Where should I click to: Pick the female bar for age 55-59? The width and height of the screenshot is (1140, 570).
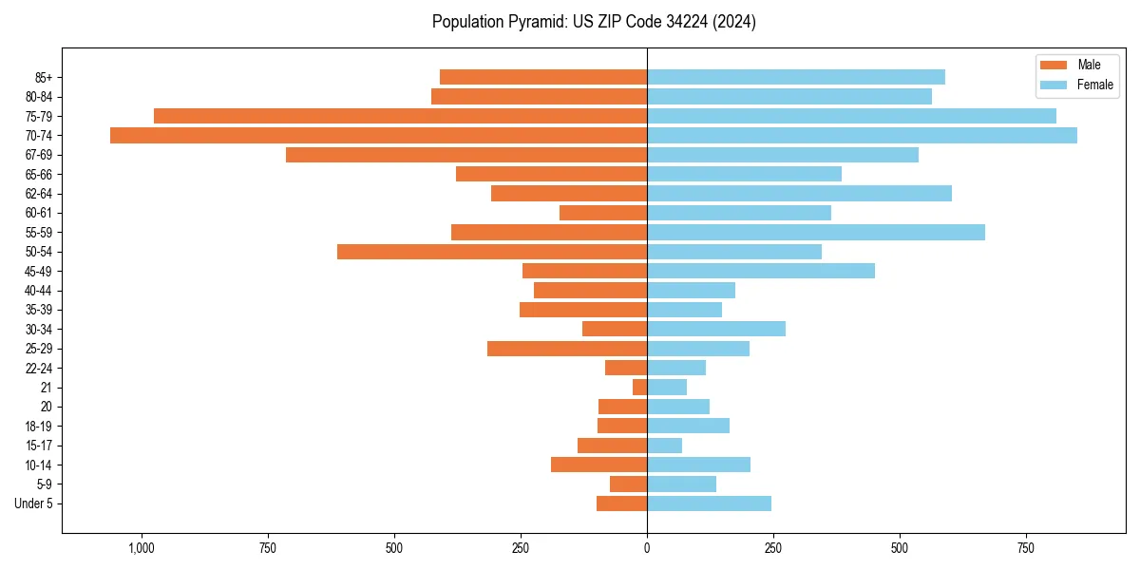click(816, 233)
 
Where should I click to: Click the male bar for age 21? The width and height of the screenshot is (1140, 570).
click(639, 388)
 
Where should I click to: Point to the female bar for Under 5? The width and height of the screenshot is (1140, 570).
click(709, 503)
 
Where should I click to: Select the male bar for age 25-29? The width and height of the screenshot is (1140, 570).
click(567, 349)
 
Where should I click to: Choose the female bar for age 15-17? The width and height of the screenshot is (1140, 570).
click(664, 446)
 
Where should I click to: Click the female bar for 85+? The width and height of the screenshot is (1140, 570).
click(796, 77)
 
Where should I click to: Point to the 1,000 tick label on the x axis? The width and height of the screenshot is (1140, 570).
click(142, 548)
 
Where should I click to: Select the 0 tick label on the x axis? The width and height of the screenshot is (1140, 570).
click(647, 548)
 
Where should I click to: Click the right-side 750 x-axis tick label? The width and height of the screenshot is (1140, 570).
click(1026, 548)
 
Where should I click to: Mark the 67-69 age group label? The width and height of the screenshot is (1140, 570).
click(39, 155)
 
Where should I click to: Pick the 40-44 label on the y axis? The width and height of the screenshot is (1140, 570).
click(39, 291)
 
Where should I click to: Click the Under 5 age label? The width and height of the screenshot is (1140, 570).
click(34, 503)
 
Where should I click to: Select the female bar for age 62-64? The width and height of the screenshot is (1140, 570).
click(799, 194)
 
